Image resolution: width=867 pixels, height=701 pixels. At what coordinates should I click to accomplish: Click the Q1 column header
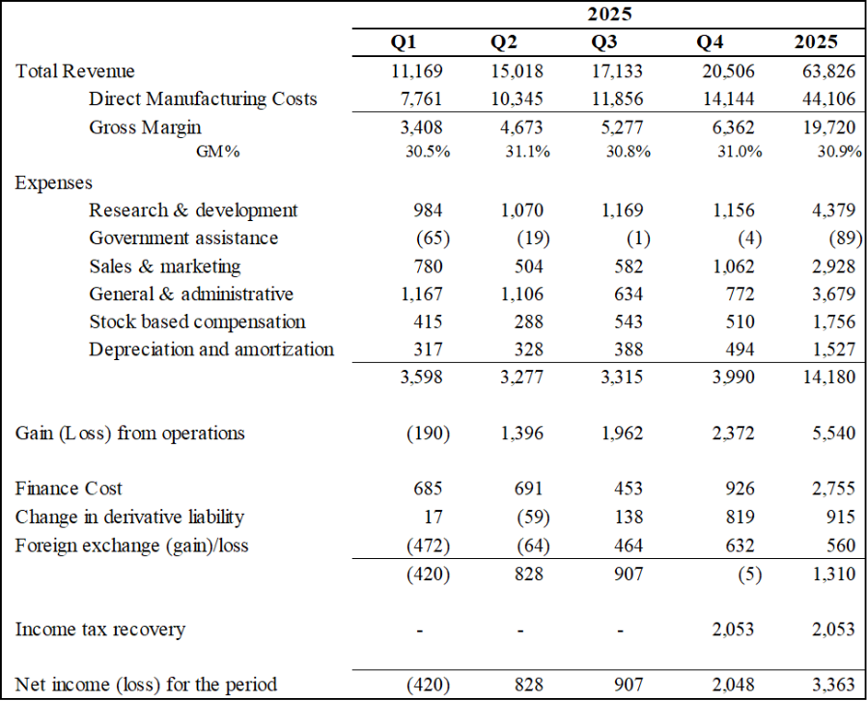pos(405,42)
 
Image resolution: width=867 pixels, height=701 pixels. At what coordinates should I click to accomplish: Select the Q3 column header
pos(605,42)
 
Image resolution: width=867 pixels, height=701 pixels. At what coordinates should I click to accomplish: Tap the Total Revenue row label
pos(75,71)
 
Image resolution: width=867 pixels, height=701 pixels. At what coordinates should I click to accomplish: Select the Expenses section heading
pos(54,182)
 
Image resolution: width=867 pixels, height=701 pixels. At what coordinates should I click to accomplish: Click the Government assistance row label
pos(183,238)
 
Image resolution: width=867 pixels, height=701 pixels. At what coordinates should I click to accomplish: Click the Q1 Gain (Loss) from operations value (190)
pos(428,434)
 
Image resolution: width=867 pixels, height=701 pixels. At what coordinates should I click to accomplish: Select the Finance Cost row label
pos(69,489)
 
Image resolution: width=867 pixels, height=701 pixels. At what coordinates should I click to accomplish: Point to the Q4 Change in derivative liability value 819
pos(744,517)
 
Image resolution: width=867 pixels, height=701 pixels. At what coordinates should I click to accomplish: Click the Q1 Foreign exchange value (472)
pos(428,546)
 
